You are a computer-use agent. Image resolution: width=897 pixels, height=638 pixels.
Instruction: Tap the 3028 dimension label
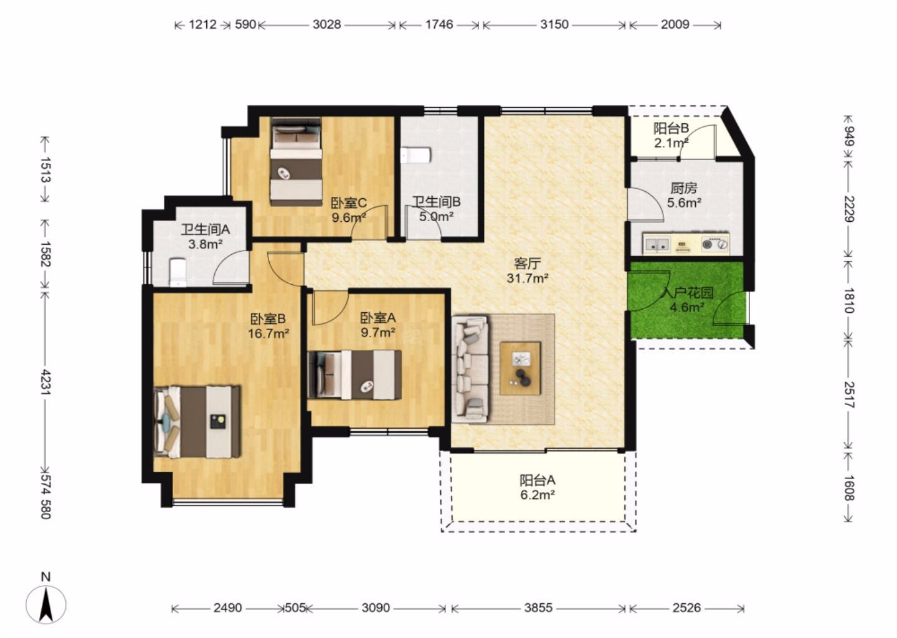pyautogui.click(x=327, y=25)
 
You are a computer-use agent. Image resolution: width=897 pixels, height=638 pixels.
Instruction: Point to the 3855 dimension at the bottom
pyautogui.click(x=538, y=608)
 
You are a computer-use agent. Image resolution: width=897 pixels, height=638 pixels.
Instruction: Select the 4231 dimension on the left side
pyautogui.click(x=45, y=383)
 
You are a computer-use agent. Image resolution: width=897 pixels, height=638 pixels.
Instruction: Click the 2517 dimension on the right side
pyautogui.click(x=849, y=394)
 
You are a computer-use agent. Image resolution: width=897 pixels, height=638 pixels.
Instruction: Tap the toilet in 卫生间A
pyautogui.click(x=178, y=272)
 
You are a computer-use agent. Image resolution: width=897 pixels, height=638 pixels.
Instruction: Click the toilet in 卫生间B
pyautogui.click(x=416, y=155)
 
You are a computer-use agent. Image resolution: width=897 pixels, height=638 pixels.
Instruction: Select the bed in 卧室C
pyautogui.click(x=297, y=162)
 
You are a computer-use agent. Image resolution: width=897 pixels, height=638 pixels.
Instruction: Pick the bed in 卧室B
pyautogui.click(x=198, y=422)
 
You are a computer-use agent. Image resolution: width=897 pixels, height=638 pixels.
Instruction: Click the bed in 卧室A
pyautogui.click(x=355, y=375)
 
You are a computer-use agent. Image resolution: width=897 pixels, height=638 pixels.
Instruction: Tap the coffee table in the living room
pyautogui.click(x=520, y=368)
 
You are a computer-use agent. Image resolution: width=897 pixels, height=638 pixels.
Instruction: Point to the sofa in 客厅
pyautogui.click(x=470, y=369)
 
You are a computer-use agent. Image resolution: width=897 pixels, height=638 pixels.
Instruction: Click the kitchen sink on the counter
pyautogui.click(x=657, y=243)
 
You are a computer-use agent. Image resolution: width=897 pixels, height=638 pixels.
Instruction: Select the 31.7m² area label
pyautogui.click(x=528, y=278)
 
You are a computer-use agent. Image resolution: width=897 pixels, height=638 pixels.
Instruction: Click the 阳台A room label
pyautogui.click(x=538, y=480)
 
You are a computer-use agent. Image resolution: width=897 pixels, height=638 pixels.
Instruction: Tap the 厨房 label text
pyautogui.click(x=684, y=188)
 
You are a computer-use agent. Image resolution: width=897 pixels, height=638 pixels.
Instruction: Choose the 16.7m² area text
pyautogui.click(x=268, y=333)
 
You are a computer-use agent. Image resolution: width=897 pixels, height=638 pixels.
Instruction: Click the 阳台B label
pyautogui.click(x=671, y=128)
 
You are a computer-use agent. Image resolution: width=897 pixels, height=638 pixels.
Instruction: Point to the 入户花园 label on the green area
pyautogui.click(x=687, y=293)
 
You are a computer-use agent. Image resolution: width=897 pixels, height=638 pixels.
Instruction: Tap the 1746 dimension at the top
pyautogui.click(x=439, y=25)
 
